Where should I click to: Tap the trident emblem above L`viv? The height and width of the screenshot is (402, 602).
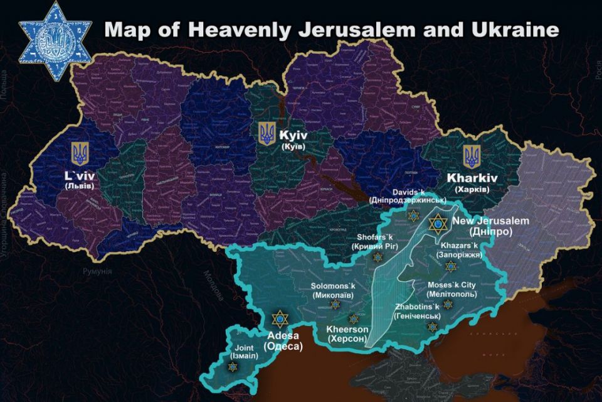(x=79, y=153)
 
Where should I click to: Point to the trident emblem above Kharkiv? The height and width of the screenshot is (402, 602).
(x=471, y=156)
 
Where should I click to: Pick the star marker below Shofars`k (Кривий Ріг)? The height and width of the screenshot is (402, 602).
(x=378, y=256)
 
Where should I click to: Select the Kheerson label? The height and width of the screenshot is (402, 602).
(x=349, y=329)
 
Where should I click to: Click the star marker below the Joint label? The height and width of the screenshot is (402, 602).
(x=233, y=366)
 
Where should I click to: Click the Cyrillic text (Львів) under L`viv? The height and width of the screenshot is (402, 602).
(x=79, y=186)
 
